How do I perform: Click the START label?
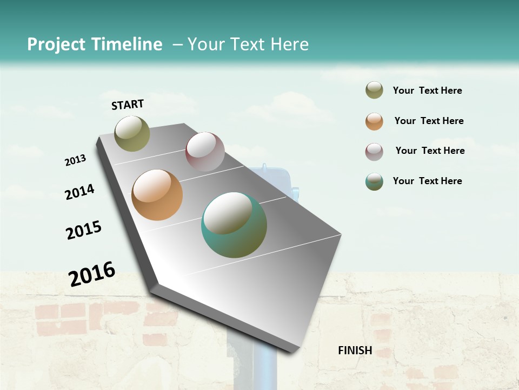128,105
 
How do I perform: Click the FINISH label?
355,350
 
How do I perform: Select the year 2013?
75,160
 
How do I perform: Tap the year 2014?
79,192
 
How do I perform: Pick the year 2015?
84,230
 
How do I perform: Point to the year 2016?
92,274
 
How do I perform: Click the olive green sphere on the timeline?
132,133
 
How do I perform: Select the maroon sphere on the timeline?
205,152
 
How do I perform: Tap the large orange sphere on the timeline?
157,195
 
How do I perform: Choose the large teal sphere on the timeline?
234,225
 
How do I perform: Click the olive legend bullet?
374,90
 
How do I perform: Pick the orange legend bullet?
374,121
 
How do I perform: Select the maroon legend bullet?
374,152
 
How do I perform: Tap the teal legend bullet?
374,181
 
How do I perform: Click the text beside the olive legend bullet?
427,90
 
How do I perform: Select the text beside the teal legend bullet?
427,181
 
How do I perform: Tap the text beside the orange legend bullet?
429,121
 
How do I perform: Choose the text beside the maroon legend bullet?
430,151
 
